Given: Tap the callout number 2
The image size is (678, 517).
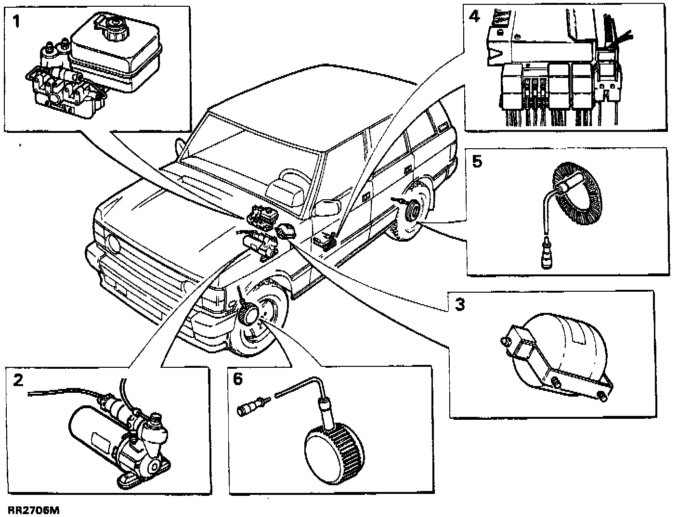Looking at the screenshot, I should [x=18, y=381].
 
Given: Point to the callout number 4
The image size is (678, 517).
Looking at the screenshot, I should [x=474, y=17].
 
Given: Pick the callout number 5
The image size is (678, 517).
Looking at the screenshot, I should [x=477, y=161].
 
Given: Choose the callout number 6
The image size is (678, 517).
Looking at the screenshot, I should [x=238, y=379].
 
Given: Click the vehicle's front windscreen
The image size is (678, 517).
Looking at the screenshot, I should [x=250, y=154].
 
